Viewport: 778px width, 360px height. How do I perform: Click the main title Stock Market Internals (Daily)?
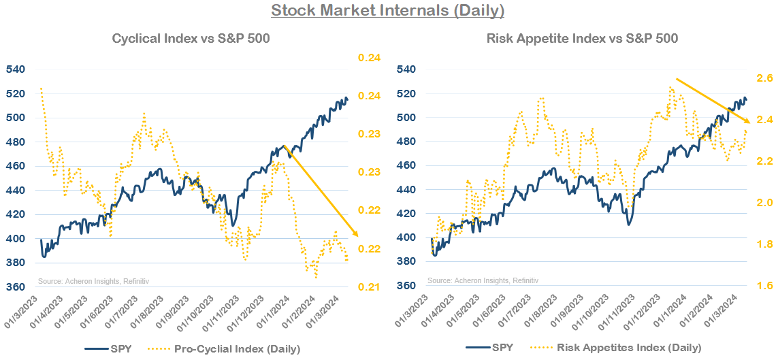[x=388, y=11]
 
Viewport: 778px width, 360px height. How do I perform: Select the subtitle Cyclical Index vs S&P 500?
[x=191, y=39]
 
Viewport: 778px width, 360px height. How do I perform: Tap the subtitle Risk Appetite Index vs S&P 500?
[x=582, y=39]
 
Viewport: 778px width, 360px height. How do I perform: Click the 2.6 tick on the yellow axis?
[x=764, y=79]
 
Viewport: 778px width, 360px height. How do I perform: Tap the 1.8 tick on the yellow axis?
[x=764, y=244]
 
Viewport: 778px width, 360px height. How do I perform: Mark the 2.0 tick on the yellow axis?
[x=764, y=203]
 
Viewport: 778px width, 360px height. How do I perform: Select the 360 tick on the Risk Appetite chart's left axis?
[x=406, y=287]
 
